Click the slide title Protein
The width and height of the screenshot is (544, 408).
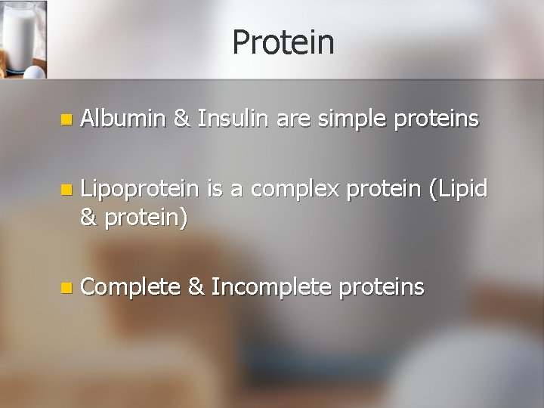(283, 42)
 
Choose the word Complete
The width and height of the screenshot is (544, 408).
(131, 287)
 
